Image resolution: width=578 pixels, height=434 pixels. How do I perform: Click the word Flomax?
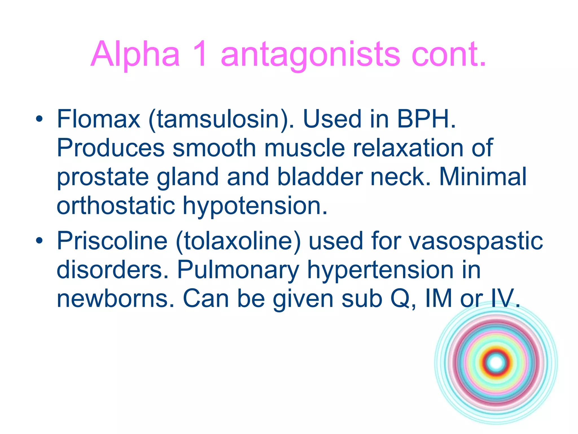coord(98,119)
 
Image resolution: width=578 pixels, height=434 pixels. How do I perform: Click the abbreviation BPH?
coord(426,119)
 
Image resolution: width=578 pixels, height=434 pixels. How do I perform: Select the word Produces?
coord(110,148)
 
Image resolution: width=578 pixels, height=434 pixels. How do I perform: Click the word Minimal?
coord(483,177)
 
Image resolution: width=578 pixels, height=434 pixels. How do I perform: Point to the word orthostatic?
coord(116,206)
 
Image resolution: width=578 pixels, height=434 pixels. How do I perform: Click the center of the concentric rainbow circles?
coord(496,363)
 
